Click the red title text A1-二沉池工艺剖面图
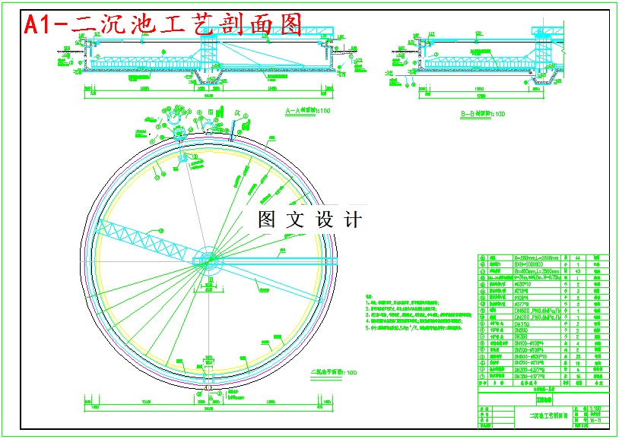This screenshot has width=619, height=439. pyautogui.click(x=163, y=24)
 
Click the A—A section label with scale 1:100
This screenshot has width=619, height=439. pyautogui.click(x=307, y=112)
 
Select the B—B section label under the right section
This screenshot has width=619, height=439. pyautogui.click(x=482, y=114)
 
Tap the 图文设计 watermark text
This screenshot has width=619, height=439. pyautogui.click(x=309, y=220)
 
